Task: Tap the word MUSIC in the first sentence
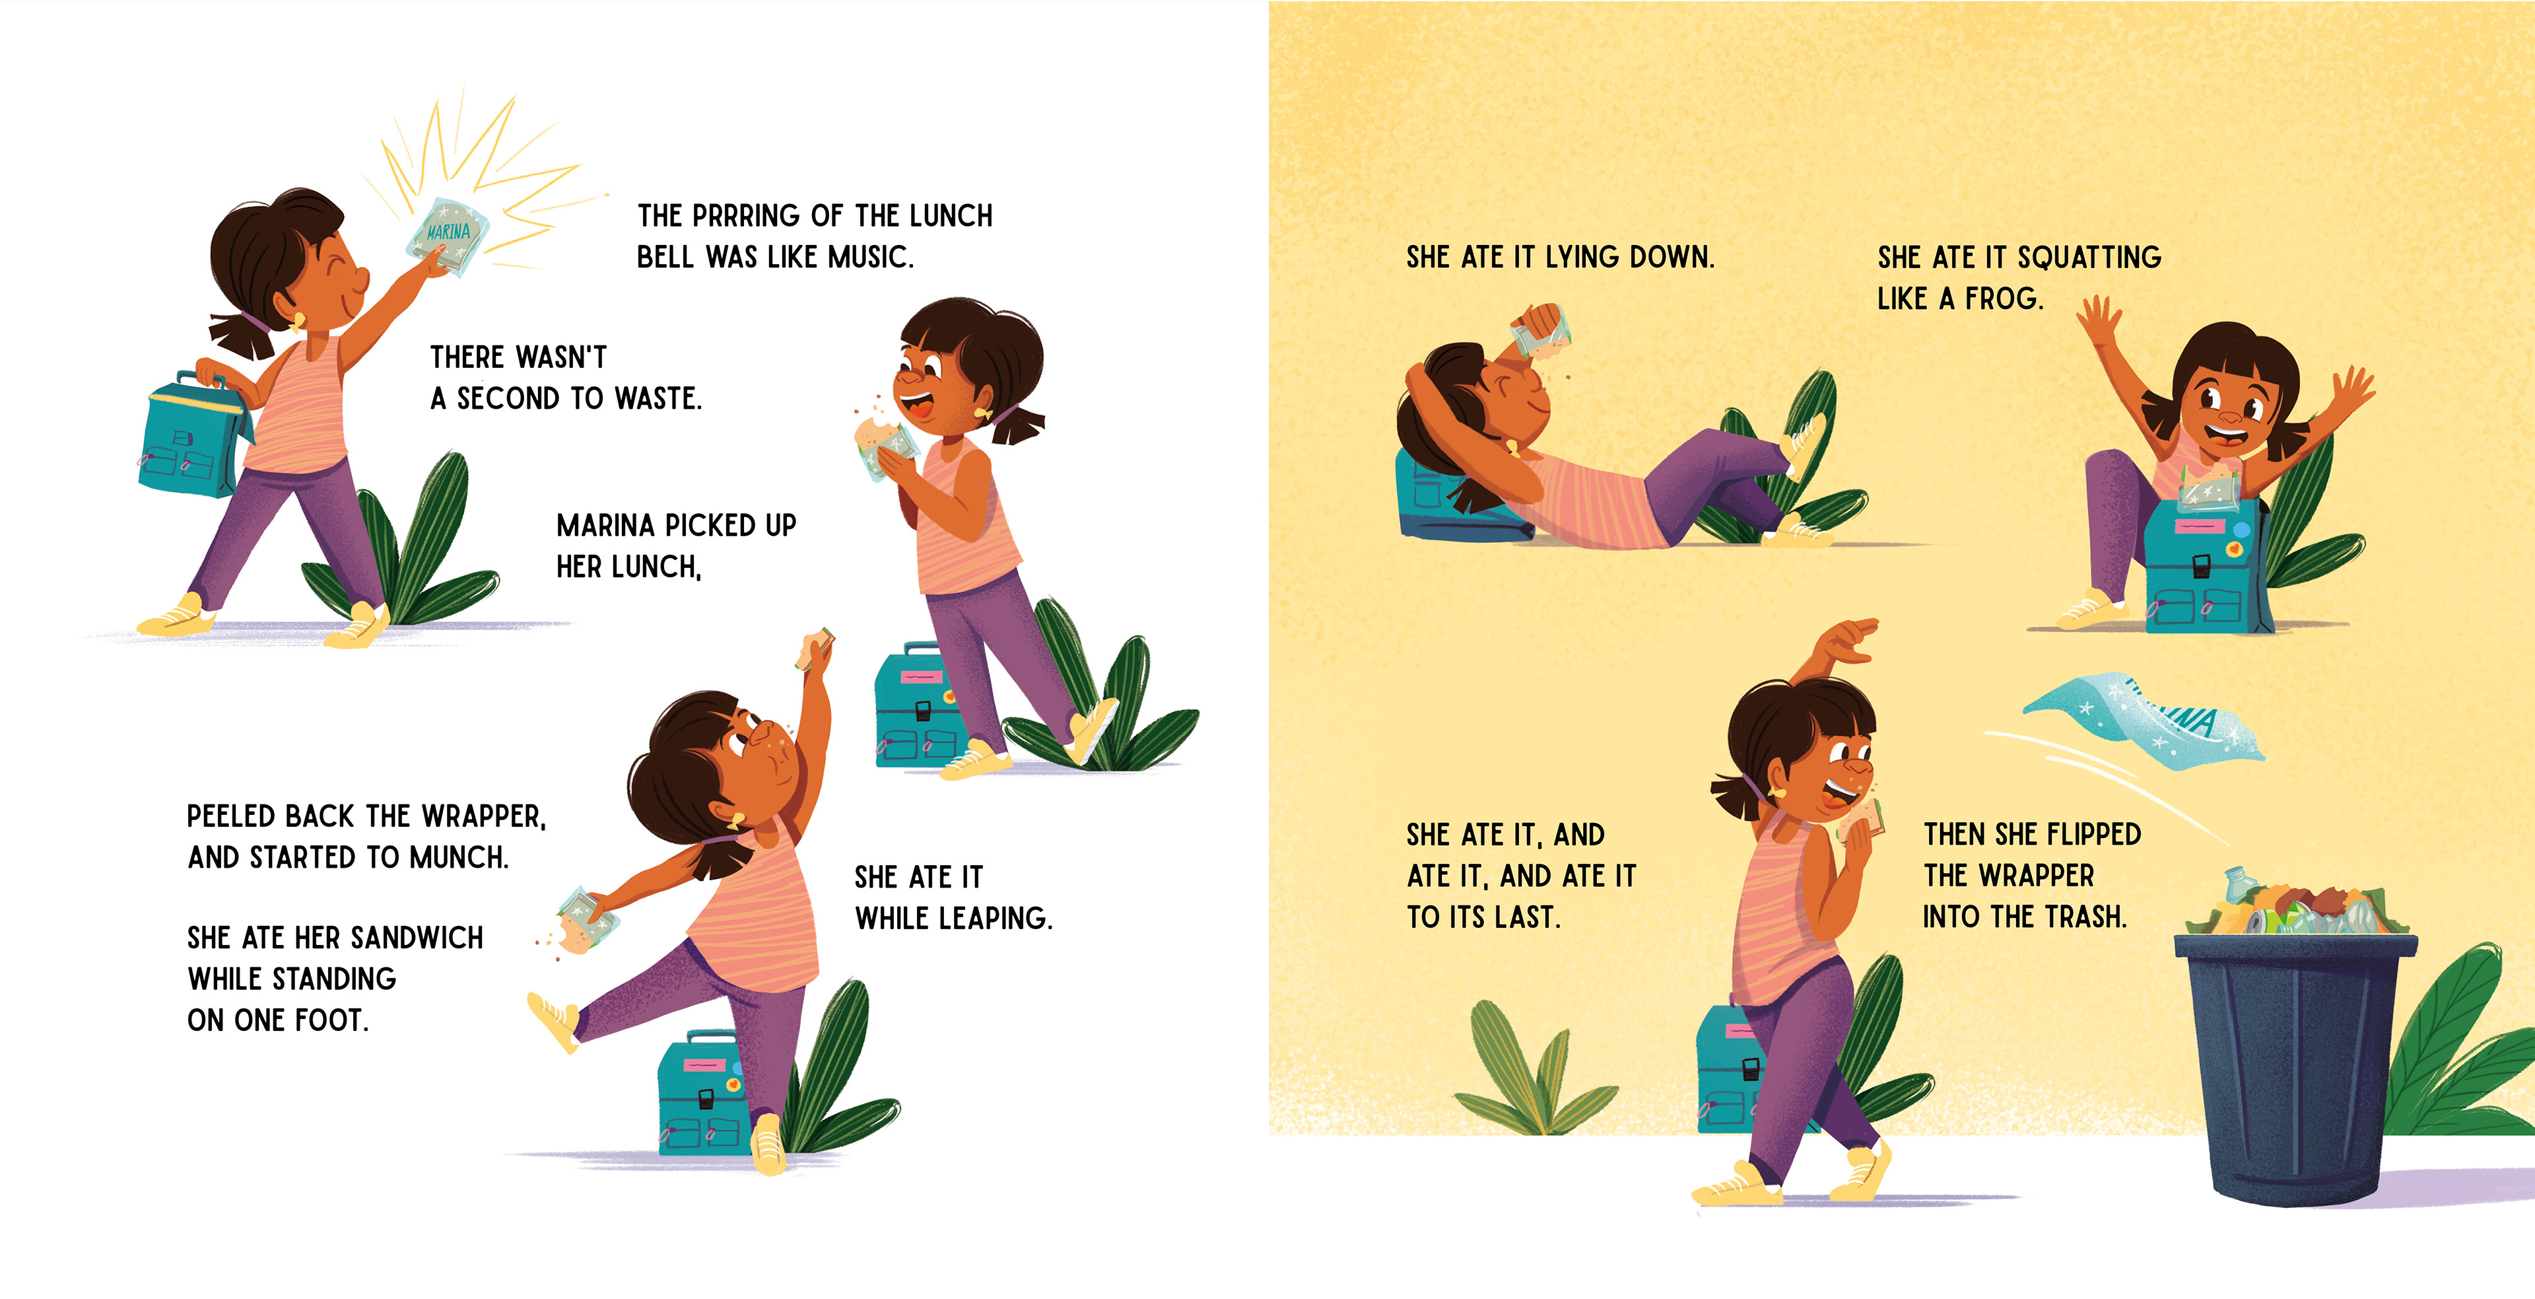870,257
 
